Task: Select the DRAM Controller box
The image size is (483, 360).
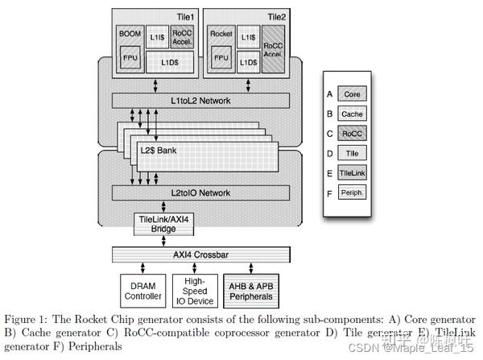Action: (x=142, y=288)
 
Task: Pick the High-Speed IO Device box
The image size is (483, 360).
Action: (x=193, y=288)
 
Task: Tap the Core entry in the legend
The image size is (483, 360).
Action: (x=352, y=94)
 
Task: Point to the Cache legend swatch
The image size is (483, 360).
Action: (x=352, y=114)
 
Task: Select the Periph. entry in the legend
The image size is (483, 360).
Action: (x=352, y=192)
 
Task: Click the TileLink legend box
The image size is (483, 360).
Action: (x=352, y=173)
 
